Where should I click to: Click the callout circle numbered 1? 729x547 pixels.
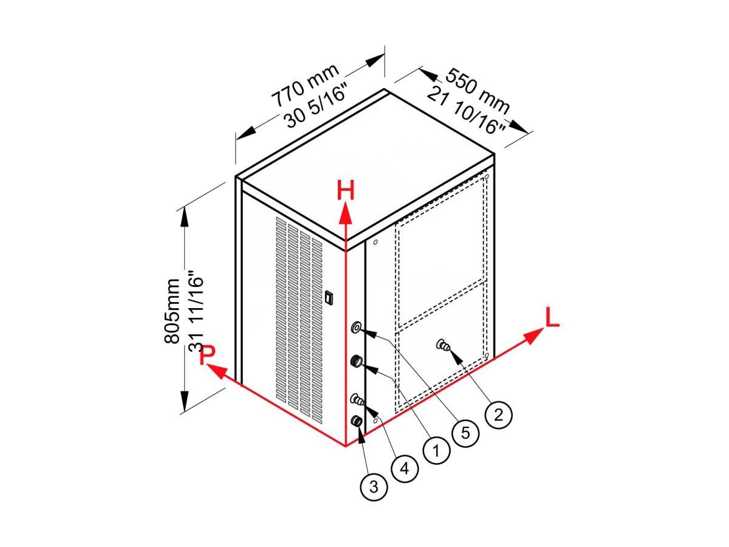(x=436, y=450)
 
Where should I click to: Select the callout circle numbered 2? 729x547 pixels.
(x=499, y=415)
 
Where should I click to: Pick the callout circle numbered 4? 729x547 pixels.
(x=405, y=469)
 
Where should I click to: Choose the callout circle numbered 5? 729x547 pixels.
(x=465, y=433)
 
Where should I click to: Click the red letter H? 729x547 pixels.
(x=346, y=190)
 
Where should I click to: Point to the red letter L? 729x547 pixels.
(x=552, y=317)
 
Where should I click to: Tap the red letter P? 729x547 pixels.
(x=208, y=355)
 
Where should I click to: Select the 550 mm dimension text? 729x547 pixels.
(x=477, y=91)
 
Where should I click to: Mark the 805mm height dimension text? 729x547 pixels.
(x=172, y=311)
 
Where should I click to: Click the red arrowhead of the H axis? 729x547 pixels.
(x=346, y=212)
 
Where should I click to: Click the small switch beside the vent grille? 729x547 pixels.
(x=329, y=297)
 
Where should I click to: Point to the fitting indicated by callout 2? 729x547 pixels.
(x=443, y=346)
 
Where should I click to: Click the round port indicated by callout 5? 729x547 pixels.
(x=357, y=327)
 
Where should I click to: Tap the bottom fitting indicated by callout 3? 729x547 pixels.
(x=357, y=421)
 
